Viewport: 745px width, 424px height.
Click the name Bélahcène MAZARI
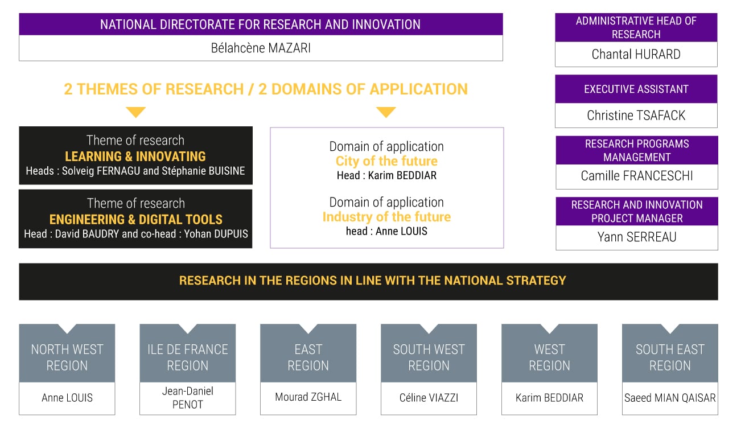tap(261, 48)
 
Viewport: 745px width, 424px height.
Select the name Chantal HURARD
tap(636, 54)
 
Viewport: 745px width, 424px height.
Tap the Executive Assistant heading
tap(636, 89)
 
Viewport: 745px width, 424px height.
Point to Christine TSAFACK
tap(636, 116)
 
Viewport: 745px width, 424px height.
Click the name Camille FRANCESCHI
tap(636, 176)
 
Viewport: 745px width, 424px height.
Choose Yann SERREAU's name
tap(636, 237)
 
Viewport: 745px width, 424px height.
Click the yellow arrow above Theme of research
tap(135, 112)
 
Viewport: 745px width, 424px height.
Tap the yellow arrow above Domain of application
tap(386, 112)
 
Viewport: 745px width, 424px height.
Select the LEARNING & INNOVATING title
tap(135, 157)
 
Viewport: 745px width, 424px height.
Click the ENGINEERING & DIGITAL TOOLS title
tap(135, 220)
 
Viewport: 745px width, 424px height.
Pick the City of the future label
tap(386, 161)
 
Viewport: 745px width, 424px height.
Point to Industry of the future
tap(386, 217)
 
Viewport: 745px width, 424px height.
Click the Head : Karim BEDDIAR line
tap(386, 175)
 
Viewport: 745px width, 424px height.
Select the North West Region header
tap(67, 357)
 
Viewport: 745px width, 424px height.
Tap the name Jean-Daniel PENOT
tap(188, 398)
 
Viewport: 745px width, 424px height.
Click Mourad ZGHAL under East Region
tap(308, 397)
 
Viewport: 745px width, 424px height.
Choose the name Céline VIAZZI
tap(429, 398)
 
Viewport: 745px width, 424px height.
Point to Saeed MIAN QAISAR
tap(670, 398)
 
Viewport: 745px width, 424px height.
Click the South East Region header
tap(670, 357)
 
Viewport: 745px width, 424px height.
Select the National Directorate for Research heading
tap(261, 24)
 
